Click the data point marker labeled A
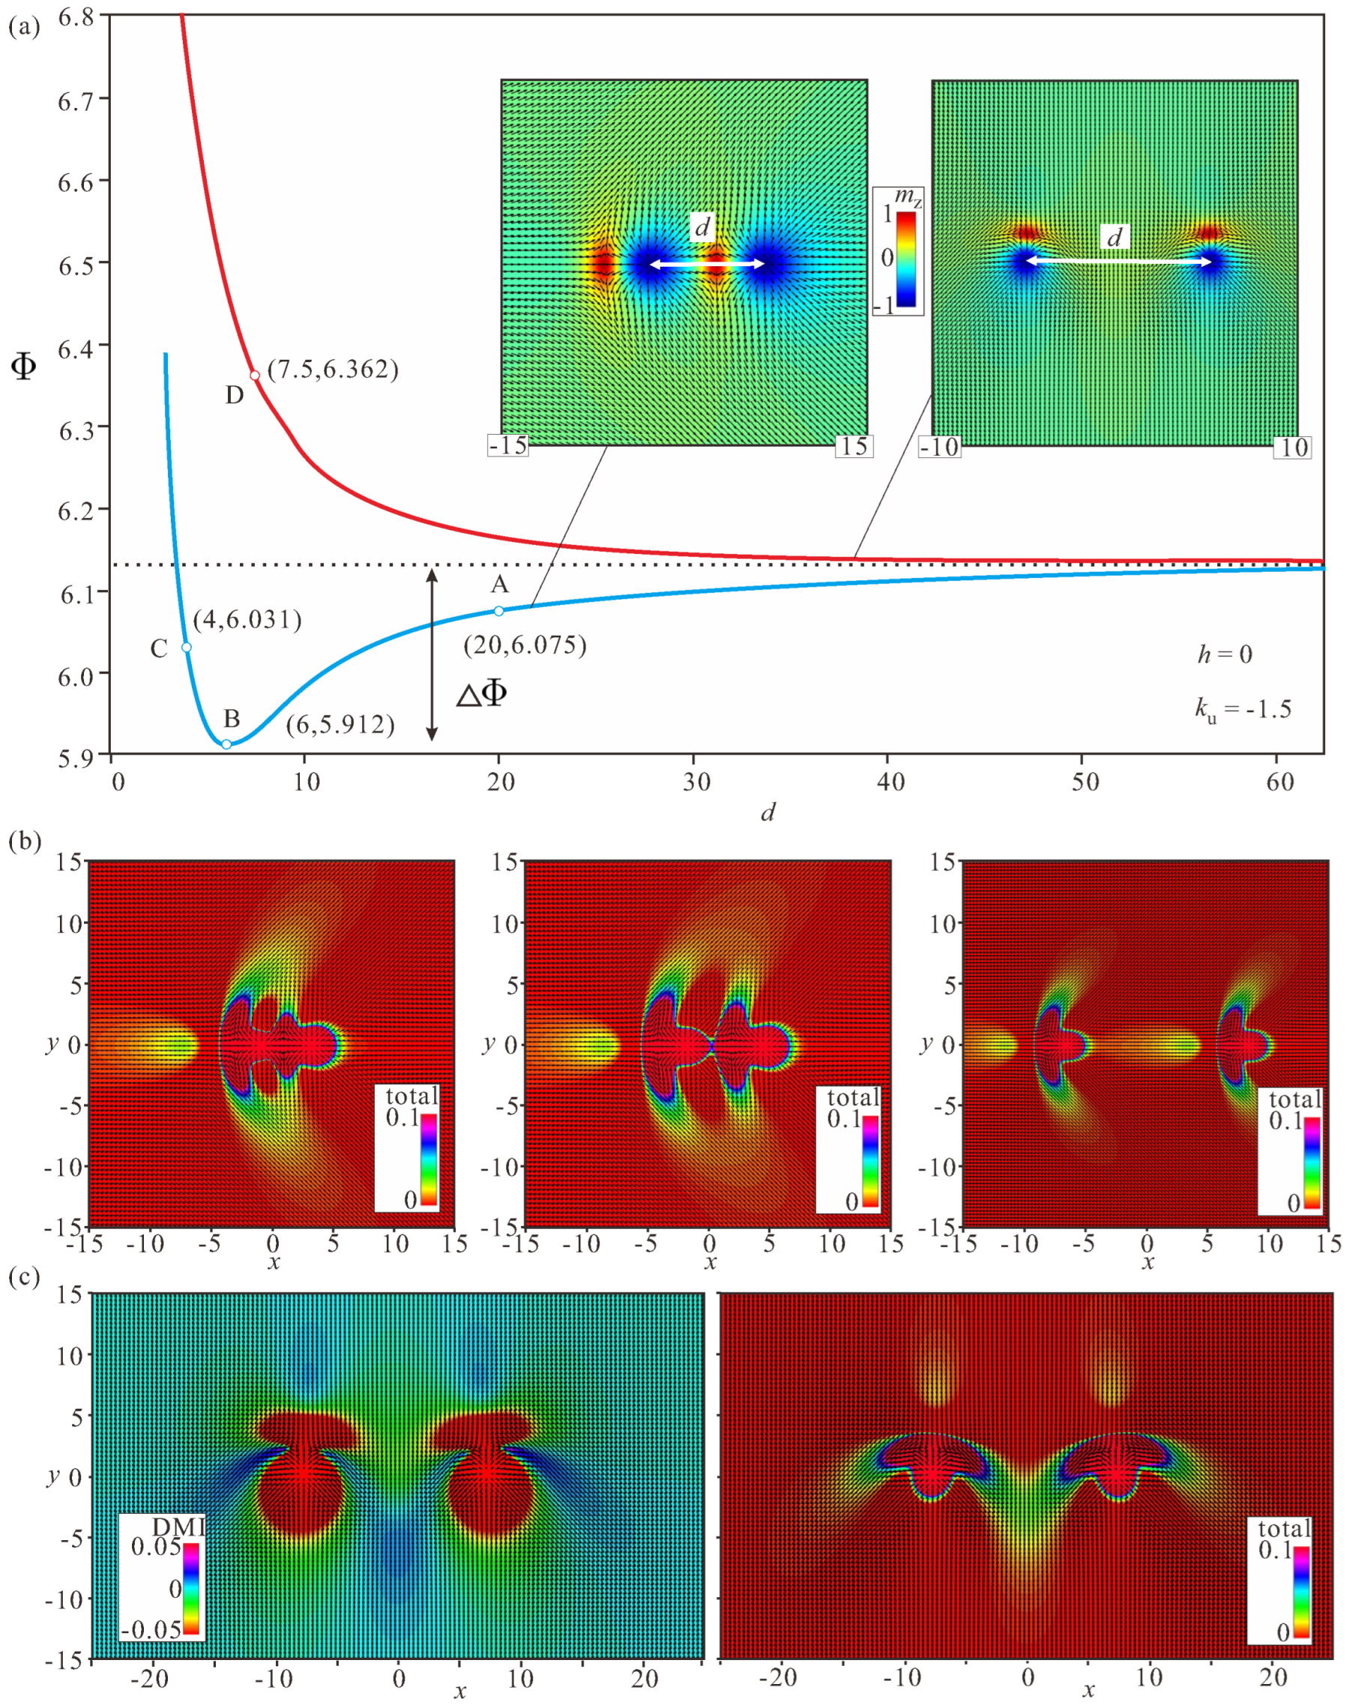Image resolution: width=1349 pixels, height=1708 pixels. (x=498, y=610)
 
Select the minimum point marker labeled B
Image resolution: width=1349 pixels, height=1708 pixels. (x=226, y=744)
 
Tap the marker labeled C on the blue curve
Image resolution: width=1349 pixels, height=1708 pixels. (x=187, y=647)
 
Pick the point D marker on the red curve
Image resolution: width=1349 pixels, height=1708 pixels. (x=254, y=375)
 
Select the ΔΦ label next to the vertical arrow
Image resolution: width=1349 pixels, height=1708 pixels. (x=482, y=694)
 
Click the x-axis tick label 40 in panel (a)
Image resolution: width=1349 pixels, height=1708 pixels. (x=890, y=782)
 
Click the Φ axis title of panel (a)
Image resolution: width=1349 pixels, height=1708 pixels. (x=25, y=366)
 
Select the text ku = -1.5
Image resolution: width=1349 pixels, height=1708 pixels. (x=1243, y=709)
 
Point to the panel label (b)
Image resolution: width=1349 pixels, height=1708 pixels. (x=25, y=841)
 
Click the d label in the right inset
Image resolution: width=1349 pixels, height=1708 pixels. (x=1114, y=237)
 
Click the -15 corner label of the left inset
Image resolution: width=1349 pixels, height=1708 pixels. (x=508, y=445)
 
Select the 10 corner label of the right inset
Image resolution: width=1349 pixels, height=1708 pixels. (x=1294, y=447)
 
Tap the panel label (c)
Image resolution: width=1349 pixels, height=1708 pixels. (x=25, y=1278)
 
